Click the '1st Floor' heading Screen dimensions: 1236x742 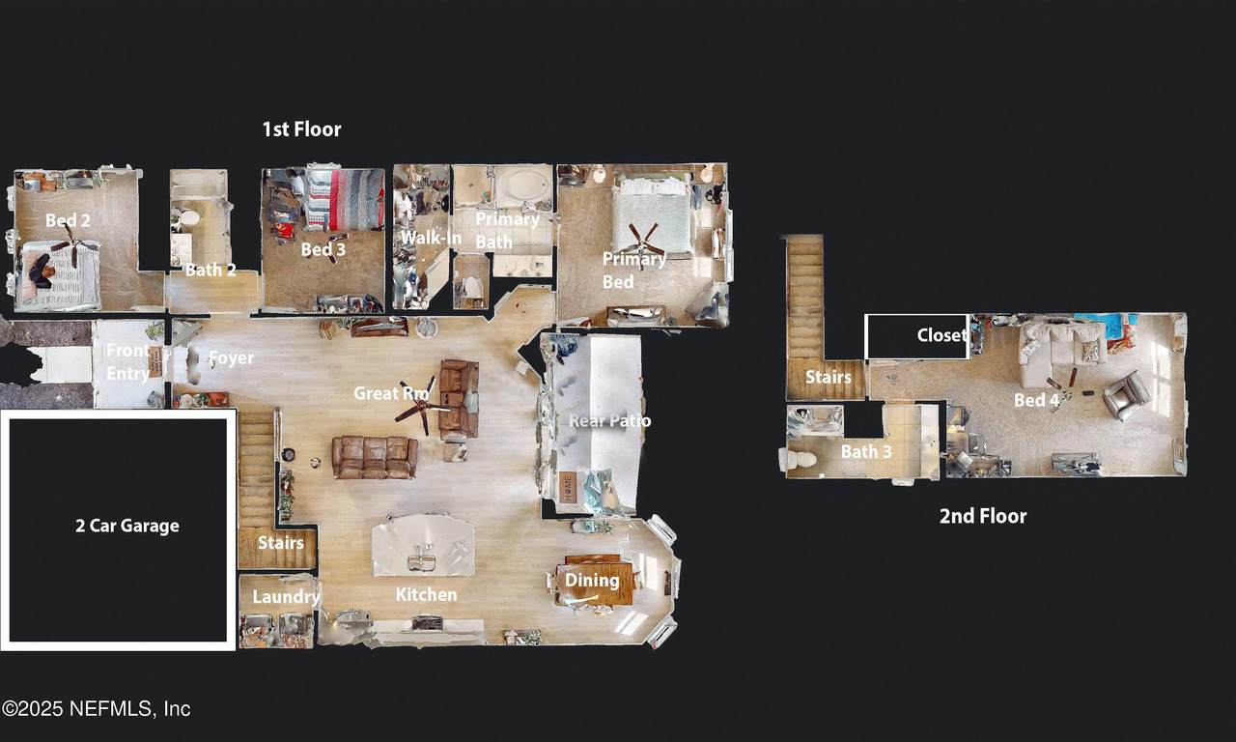[x=301, y=129]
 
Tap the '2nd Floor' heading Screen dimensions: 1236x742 [x=983, y=516]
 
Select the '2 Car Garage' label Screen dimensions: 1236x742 [x=127, y=526]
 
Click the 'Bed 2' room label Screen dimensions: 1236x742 [x=68, y=220]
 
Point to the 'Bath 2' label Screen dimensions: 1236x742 [x=211, y=270]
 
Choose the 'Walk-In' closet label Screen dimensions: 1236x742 [x=431, y=238]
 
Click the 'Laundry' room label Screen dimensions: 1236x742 [x=286, y=596]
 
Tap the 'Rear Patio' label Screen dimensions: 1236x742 [x=609, y=420]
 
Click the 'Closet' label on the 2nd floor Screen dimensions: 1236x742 [x=941, y=335]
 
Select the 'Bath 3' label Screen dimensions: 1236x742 [x=866, y=451]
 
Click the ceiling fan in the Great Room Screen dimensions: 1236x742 [x=422, y=406]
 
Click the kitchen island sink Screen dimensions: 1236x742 [x=422, y=562]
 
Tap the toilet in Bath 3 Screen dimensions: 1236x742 [x=798, y=459]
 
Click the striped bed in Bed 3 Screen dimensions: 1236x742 [x=345, y=199]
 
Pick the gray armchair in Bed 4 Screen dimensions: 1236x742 [x=1126, y=396]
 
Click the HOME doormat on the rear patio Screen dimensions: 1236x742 [x=567, y=487]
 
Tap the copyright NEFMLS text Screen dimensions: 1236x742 [x=96, y=709]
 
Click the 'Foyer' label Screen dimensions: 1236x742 [x=231, y=358]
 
